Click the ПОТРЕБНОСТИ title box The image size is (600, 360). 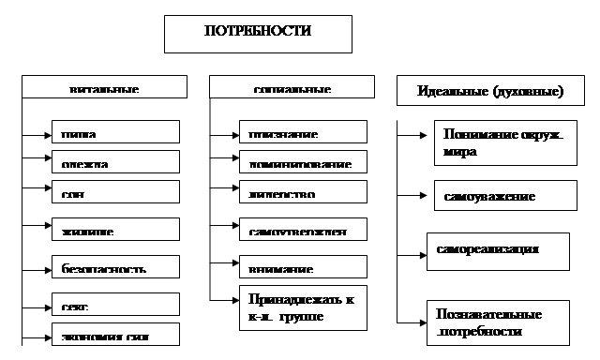(x=258, y=33)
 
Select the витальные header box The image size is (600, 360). (x=102, y=87)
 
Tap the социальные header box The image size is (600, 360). (x=291, y=87)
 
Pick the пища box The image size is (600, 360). (x=114, y=131)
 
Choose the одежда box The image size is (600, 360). (x=114, y=161)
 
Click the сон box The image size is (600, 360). (x=114, y=191)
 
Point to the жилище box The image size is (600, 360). (x=114, y=228)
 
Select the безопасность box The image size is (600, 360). (x=114, y=265)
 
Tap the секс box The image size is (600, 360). (x=114, y=304)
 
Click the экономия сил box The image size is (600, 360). (x=114, y=334)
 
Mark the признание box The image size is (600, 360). (x=300, y=131)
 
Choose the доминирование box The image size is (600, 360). (x=300, y=161)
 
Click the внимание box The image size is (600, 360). (x=300, y=265)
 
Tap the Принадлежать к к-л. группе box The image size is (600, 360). (x=300, y=308)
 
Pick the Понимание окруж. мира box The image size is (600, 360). (x=503, y=142)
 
